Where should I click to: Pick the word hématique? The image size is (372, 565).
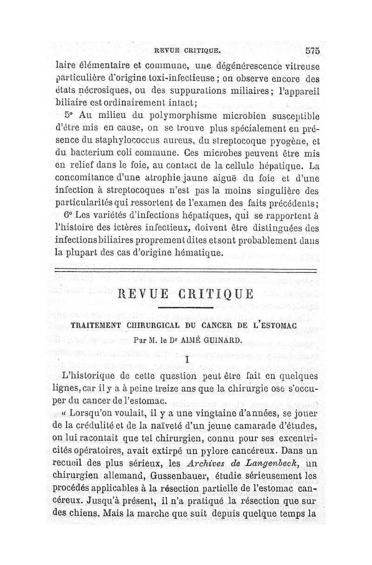[x=196, y=253]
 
